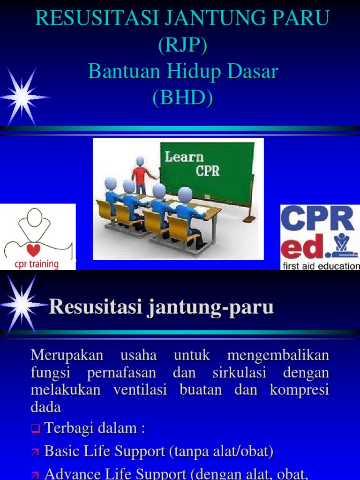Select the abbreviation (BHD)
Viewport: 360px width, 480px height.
(182, 98)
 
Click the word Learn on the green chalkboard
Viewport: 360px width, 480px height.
(184, 157)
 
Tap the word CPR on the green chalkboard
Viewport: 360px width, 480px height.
(207, 171)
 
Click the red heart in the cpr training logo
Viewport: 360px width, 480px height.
(34, 250)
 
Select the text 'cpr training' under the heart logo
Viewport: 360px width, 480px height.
(34, 264)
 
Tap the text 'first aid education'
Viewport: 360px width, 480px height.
(320, 266)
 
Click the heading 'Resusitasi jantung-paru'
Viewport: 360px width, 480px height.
(161, 307)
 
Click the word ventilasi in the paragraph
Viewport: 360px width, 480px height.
(140, 390)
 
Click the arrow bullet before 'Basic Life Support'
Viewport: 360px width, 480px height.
(36, 452)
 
